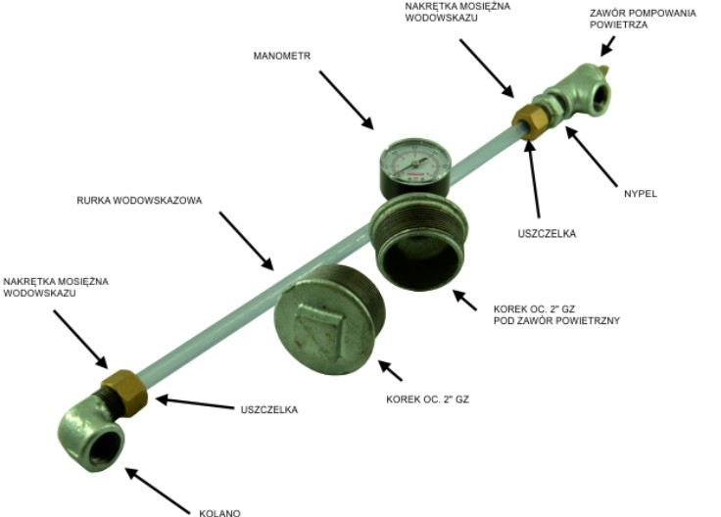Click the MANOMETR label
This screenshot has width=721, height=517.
282,56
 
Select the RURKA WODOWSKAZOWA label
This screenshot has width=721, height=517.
139,201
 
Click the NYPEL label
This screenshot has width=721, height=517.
640,194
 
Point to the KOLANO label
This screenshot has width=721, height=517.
219,512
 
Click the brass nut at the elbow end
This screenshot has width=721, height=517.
124,393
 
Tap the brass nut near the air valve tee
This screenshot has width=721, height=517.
530,121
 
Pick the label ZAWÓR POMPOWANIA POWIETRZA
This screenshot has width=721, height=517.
643,19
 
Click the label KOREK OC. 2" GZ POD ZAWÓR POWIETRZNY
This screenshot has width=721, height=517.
556,314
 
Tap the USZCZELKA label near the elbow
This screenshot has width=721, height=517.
269,409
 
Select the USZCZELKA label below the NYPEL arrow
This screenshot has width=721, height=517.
547,233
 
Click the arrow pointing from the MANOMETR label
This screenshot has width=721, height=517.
346,100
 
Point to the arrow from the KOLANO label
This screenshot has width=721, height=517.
158,491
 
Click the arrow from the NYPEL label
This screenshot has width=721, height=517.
592,157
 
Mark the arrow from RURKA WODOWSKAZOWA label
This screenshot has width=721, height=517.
247,240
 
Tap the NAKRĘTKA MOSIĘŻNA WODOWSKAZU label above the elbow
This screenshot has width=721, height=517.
56,287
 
